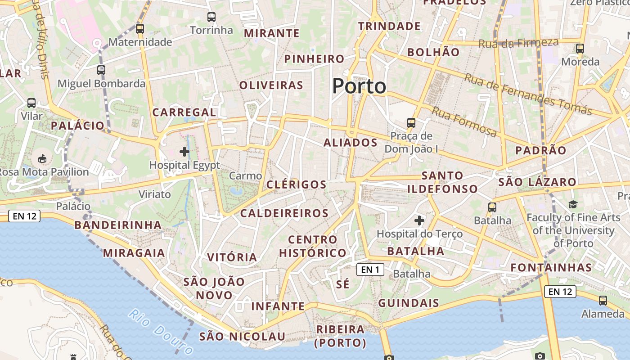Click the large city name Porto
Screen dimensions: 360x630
(359, 86)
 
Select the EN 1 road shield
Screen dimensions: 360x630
(370, 270)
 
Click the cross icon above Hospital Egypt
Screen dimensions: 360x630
(184, 152)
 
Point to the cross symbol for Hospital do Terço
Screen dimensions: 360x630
(419, 220)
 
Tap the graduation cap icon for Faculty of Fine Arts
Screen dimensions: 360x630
(573, 205)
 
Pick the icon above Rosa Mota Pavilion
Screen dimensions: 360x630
(42, 158)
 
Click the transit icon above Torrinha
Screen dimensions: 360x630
(211, 17)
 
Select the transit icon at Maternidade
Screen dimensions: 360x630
(140, 29)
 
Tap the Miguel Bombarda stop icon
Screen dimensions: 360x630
(101, 70)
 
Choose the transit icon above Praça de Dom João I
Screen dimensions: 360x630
(411, 122)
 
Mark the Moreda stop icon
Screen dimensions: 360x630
(580, 49)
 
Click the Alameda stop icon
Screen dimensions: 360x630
(603, 300)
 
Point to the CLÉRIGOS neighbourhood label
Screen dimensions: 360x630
(296, 184)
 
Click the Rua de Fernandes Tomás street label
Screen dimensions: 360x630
(528, 95)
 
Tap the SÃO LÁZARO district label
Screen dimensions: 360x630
(537, 182)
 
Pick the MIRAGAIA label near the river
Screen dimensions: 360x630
(134, 253)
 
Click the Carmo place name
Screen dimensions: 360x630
(245, 176)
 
